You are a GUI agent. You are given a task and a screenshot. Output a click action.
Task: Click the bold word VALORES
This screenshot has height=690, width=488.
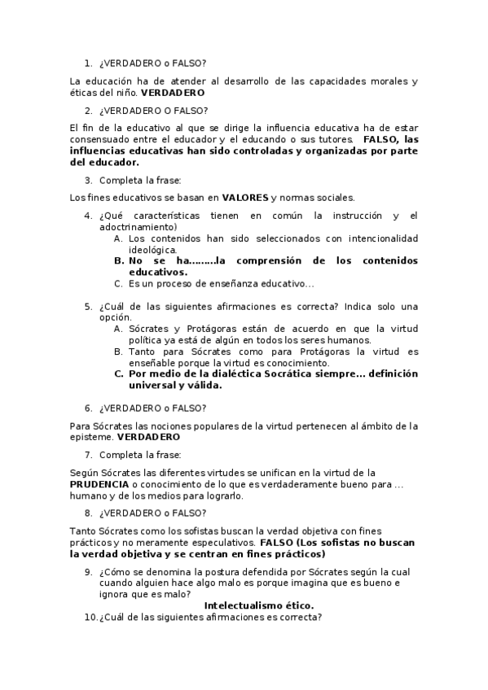tap(244, 197)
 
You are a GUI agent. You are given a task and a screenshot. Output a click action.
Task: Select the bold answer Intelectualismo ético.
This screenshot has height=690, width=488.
tap(258, 605)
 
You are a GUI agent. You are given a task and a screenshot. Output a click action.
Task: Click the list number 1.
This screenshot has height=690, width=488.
tap(88, 63)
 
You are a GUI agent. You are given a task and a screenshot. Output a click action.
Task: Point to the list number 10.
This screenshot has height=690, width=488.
tap(90, 618)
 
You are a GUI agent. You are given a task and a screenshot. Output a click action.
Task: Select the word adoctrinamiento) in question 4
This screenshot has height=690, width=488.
tap(138, 227)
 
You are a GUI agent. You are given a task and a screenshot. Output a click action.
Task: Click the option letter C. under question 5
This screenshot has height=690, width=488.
tap(119, 374)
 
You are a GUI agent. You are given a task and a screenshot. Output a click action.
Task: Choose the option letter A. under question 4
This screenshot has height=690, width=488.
tap(119, 238)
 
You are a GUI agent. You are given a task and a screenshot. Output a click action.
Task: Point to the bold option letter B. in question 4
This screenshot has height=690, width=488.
tap(119, 261)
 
